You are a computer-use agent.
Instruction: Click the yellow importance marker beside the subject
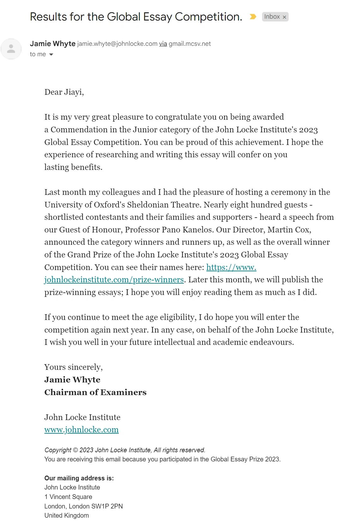(x=253, y=17)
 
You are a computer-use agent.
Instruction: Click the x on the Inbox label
(x=284, y=17)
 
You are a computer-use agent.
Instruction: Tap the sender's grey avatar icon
(x=11, y=49)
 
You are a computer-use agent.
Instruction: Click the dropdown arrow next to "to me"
(x=51, y=55)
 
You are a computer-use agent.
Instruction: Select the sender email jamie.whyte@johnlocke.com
(x=117, y=44)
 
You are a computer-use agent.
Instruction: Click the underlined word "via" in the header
(x=163, y=44)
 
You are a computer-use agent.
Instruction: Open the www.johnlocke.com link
(x=81, y=430)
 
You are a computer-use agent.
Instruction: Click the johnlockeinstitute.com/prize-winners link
(x=114, y=280)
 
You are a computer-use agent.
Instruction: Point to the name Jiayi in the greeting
(x=74, y=92)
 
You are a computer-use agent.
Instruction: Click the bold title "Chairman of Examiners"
(x=95, y=392)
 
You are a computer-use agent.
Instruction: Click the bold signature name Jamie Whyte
(x=72, y=380)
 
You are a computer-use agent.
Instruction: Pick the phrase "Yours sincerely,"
(x=74, y=367)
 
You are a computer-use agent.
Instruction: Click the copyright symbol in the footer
(x=75, y=450)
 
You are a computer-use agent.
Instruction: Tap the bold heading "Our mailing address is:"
(x=79, y=478)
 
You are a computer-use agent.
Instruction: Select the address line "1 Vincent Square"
(x=68, y=497)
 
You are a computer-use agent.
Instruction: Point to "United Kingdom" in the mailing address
(x=67, y=515)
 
